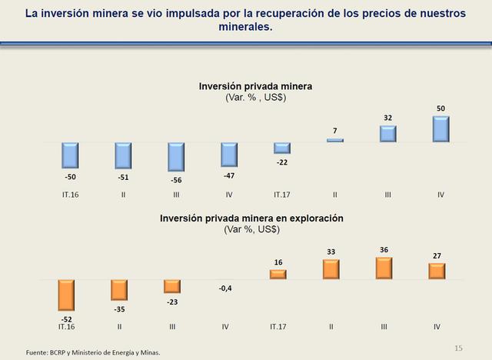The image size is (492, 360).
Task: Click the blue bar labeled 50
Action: [440, 129]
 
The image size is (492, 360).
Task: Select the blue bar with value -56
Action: [176, 157]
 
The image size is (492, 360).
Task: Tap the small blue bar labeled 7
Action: [334, 140]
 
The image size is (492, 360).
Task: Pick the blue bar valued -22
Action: [281, 148]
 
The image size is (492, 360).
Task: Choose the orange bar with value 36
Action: [383, 268]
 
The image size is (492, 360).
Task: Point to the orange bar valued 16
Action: [278, 274]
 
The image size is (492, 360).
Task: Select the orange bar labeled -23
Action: [172, 285]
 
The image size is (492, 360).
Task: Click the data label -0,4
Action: [224, 288]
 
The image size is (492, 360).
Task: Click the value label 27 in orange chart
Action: [437, 256]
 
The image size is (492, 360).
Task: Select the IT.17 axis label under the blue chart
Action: [281, 195]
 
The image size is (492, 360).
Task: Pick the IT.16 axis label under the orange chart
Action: [69, 327]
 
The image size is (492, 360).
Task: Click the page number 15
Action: [460, 348]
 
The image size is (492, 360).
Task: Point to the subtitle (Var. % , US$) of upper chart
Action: [254, 98]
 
